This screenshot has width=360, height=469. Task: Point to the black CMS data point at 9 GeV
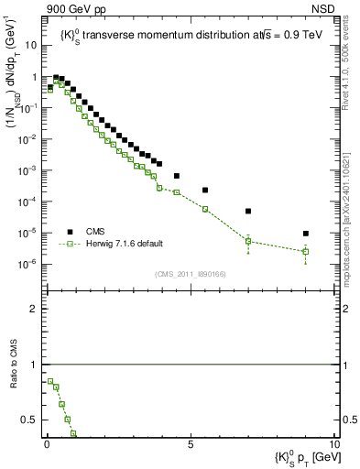(x=305, y=234)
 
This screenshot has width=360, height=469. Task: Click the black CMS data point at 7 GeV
(x=248, y=211)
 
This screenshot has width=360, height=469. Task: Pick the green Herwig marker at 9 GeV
(x=305, y=251)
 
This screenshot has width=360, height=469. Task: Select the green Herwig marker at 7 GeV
(x=248, y=241)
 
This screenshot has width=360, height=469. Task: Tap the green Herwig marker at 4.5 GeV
(x=177, y=192)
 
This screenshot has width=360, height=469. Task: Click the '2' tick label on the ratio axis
(x=33, y=309)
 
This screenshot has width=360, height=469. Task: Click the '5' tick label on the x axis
(x=191, y=443)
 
